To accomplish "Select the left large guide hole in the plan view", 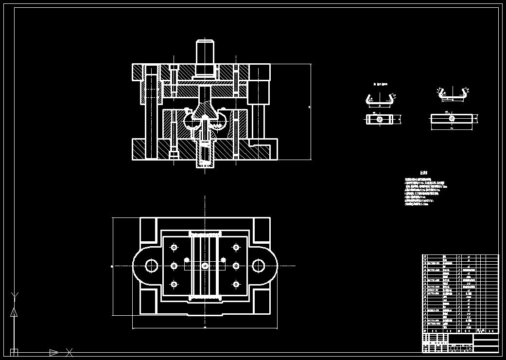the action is [x=151, y=266].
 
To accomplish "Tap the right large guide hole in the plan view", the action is [x=258, y=266].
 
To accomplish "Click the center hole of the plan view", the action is [x=205, y=266].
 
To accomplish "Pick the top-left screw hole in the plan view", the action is [x=174, y=248].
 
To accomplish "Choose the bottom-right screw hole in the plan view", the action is [x=236, y=284].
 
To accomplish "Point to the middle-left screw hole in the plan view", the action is [x=174, y=266].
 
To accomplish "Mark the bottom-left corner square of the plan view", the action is [x=148, y=302].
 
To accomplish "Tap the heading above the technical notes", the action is [x=424, y=173].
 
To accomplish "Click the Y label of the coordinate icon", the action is [x=15, y=295].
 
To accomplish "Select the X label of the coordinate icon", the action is [x=69, y=352].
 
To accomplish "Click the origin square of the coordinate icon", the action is [x=14, y=352].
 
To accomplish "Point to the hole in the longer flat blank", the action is [x=452, y=118].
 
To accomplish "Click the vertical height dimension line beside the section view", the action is [x=311, y=111].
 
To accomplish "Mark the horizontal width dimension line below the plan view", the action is [x=205, y=328].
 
